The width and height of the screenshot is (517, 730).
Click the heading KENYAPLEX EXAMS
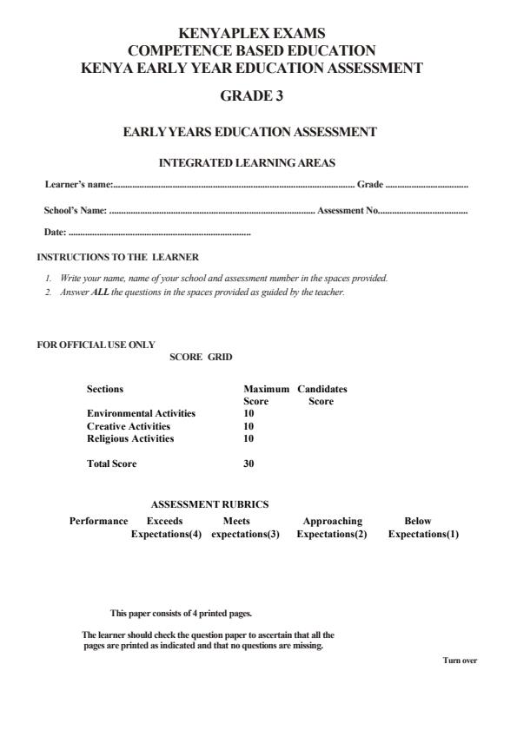(251, 34)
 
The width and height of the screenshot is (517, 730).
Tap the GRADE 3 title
(251, 96)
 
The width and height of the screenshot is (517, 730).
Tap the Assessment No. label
(347, 210)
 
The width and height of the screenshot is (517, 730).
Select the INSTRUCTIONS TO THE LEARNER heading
(117, 257)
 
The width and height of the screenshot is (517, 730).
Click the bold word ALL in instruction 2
(101, 293)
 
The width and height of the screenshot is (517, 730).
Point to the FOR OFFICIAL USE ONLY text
(96, 345)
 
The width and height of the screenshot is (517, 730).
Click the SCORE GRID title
(201, 357)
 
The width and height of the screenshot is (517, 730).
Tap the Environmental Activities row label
(141, 413)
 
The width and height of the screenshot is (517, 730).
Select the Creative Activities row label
(129, 426)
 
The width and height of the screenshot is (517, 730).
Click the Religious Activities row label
(130, 438)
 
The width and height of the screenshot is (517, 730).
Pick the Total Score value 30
(249, 464)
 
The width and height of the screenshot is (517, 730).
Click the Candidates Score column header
(321, 395)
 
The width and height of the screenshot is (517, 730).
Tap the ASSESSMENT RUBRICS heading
(209, 504)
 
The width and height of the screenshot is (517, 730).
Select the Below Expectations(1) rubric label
(422, 528)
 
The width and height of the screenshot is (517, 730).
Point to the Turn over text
(460, 661)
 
